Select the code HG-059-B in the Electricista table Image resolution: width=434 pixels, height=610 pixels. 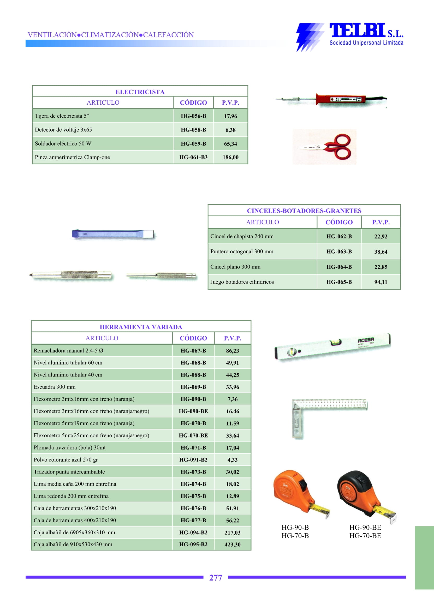193,144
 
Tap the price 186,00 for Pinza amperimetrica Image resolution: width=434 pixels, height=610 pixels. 230,157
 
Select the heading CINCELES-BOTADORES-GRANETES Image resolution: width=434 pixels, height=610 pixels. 304,211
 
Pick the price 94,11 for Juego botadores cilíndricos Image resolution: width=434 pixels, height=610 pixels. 381,282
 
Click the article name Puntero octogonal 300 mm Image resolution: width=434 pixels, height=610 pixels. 242,252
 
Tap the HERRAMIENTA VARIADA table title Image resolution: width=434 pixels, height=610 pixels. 141,327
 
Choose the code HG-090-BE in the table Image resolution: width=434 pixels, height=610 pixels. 193,411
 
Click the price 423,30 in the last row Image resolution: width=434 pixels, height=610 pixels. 232,545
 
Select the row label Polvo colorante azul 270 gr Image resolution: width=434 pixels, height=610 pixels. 66,459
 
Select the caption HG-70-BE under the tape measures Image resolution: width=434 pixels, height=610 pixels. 365,536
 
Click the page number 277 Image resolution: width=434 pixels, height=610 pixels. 215,578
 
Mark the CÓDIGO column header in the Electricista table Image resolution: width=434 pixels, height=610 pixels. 193,103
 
